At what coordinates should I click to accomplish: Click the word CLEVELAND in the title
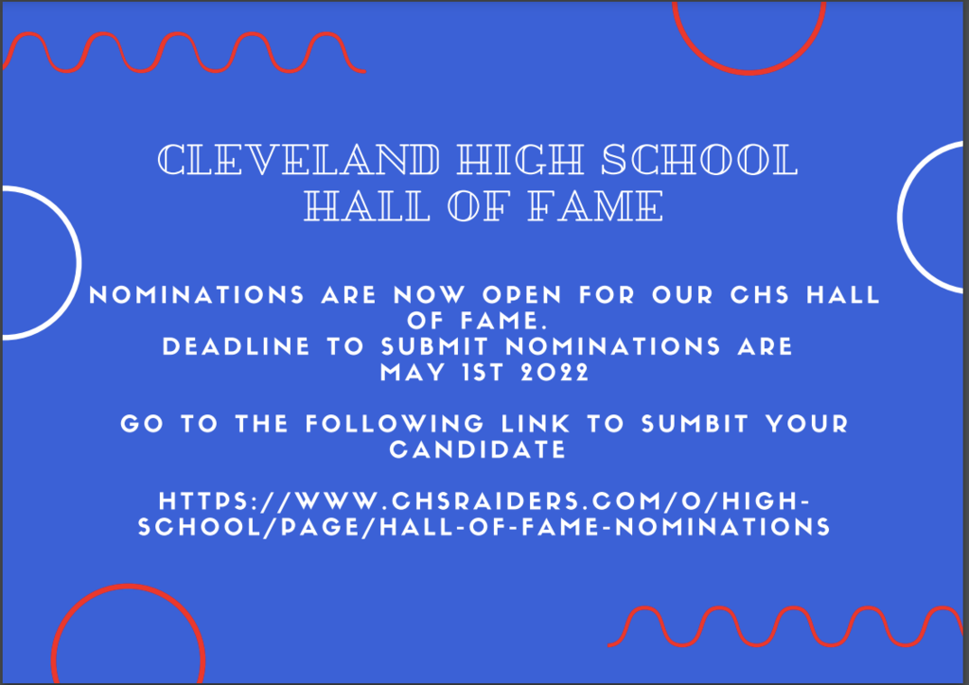pos(299,159)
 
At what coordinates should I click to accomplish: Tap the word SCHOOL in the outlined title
pos(699,159)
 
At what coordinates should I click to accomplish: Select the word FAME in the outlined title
pos(596,205)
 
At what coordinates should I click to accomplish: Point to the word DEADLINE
pos(236,346)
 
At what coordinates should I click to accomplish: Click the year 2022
pos(555,373)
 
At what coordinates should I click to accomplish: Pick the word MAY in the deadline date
pos(413,373)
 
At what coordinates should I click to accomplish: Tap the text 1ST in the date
pos(483,373)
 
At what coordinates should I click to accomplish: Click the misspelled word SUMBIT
pos(695,424)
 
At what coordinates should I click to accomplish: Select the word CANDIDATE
pos(478,449)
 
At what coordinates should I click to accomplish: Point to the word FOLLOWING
pos(395,424)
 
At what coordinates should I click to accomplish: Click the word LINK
pos(536,424)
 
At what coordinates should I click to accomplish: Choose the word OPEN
pos(522,294)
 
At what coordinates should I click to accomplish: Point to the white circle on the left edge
pos(79,262)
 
